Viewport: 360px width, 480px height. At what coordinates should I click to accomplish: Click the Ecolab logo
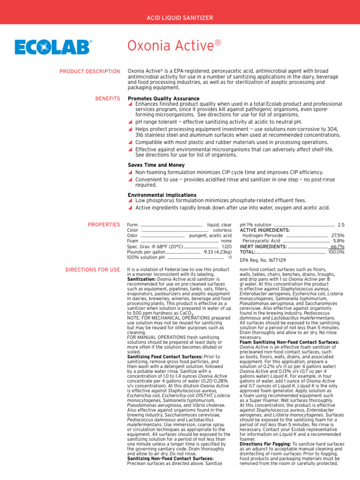coord(53,47)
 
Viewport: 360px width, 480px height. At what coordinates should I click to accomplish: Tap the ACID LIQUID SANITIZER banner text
coord(180,18)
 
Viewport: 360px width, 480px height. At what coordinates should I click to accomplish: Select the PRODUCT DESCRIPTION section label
coord(90,71)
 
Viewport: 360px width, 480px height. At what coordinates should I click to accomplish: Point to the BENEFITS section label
coord(107,99)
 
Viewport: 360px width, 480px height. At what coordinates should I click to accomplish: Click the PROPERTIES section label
coord(104,225)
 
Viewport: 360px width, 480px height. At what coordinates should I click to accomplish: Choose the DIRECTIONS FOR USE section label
coord(92,270)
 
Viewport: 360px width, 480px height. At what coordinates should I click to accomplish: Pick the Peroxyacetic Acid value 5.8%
coord(338,241)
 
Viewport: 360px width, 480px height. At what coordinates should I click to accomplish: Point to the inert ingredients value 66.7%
coord(337,247)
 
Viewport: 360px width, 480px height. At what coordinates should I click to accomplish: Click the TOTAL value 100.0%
coord(336,252)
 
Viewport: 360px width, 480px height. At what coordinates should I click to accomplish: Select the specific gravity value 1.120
coord(226,247)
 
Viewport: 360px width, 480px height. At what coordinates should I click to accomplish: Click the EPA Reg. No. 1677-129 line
coord(262,260)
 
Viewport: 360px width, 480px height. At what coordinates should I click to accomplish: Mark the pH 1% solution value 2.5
coord(341,225)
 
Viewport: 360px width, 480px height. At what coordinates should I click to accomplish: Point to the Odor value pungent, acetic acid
coord(210,236)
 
